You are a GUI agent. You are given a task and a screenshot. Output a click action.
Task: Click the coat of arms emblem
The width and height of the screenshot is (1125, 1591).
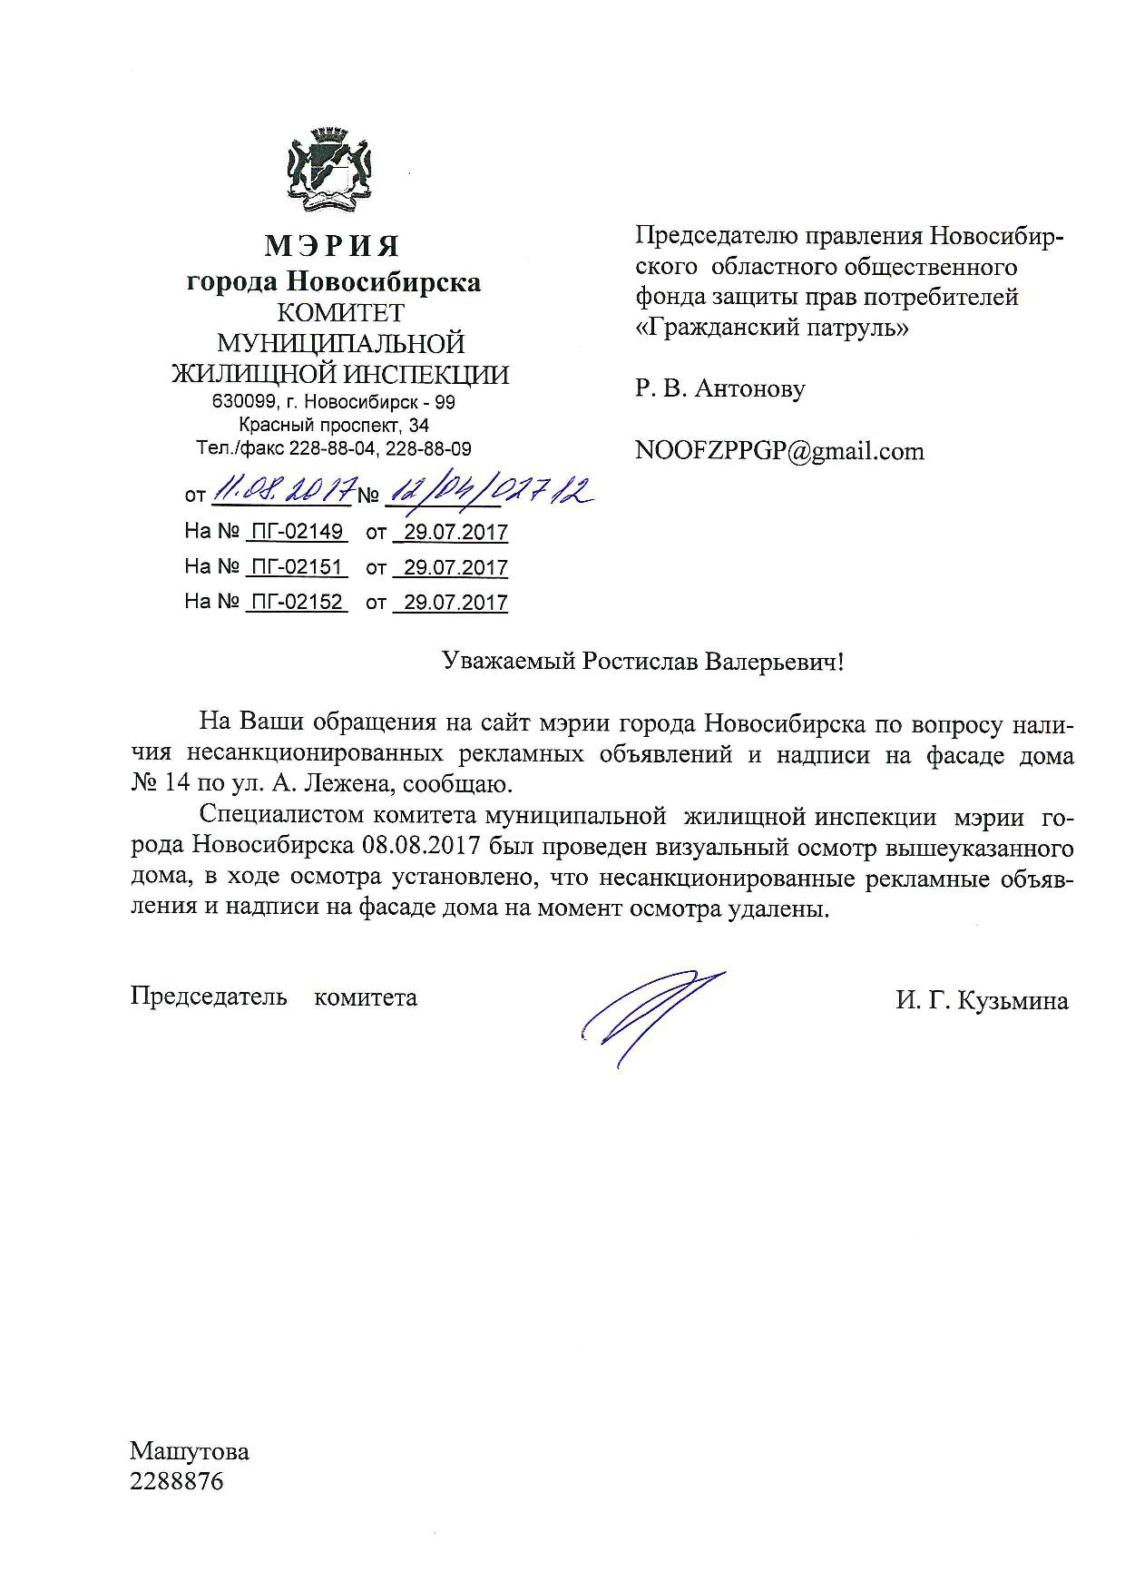click(x=332, y=167)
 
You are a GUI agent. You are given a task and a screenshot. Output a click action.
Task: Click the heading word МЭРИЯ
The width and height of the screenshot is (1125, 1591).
click(x=332, y=246)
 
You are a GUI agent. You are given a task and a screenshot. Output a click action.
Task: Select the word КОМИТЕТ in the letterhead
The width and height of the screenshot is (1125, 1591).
click(x=340, y=313)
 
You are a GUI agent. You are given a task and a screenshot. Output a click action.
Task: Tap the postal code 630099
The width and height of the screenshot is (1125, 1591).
click(x=240, y=402)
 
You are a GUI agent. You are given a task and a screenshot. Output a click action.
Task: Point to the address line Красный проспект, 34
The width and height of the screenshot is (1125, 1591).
click(x=334, y=425)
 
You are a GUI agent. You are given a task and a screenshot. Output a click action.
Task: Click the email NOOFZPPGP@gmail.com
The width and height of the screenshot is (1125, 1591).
click(x=779, y=451)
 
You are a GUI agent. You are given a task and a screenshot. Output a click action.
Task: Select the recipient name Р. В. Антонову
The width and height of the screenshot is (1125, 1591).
click(x=719, y=389)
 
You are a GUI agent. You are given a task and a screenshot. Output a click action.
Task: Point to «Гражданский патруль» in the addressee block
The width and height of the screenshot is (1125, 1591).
click(x=770, y=327)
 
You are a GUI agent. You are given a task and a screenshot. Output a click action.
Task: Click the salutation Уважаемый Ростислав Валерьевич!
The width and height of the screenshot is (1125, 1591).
click(x=642, y=662)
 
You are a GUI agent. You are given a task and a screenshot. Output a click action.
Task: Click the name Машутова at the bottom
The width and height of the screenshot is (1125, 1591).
click(x=189, y=1451)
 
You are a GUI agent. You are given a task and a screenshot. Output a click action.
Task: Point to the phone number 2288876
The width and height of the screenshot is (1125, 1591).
click(x=176, y=1482)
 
